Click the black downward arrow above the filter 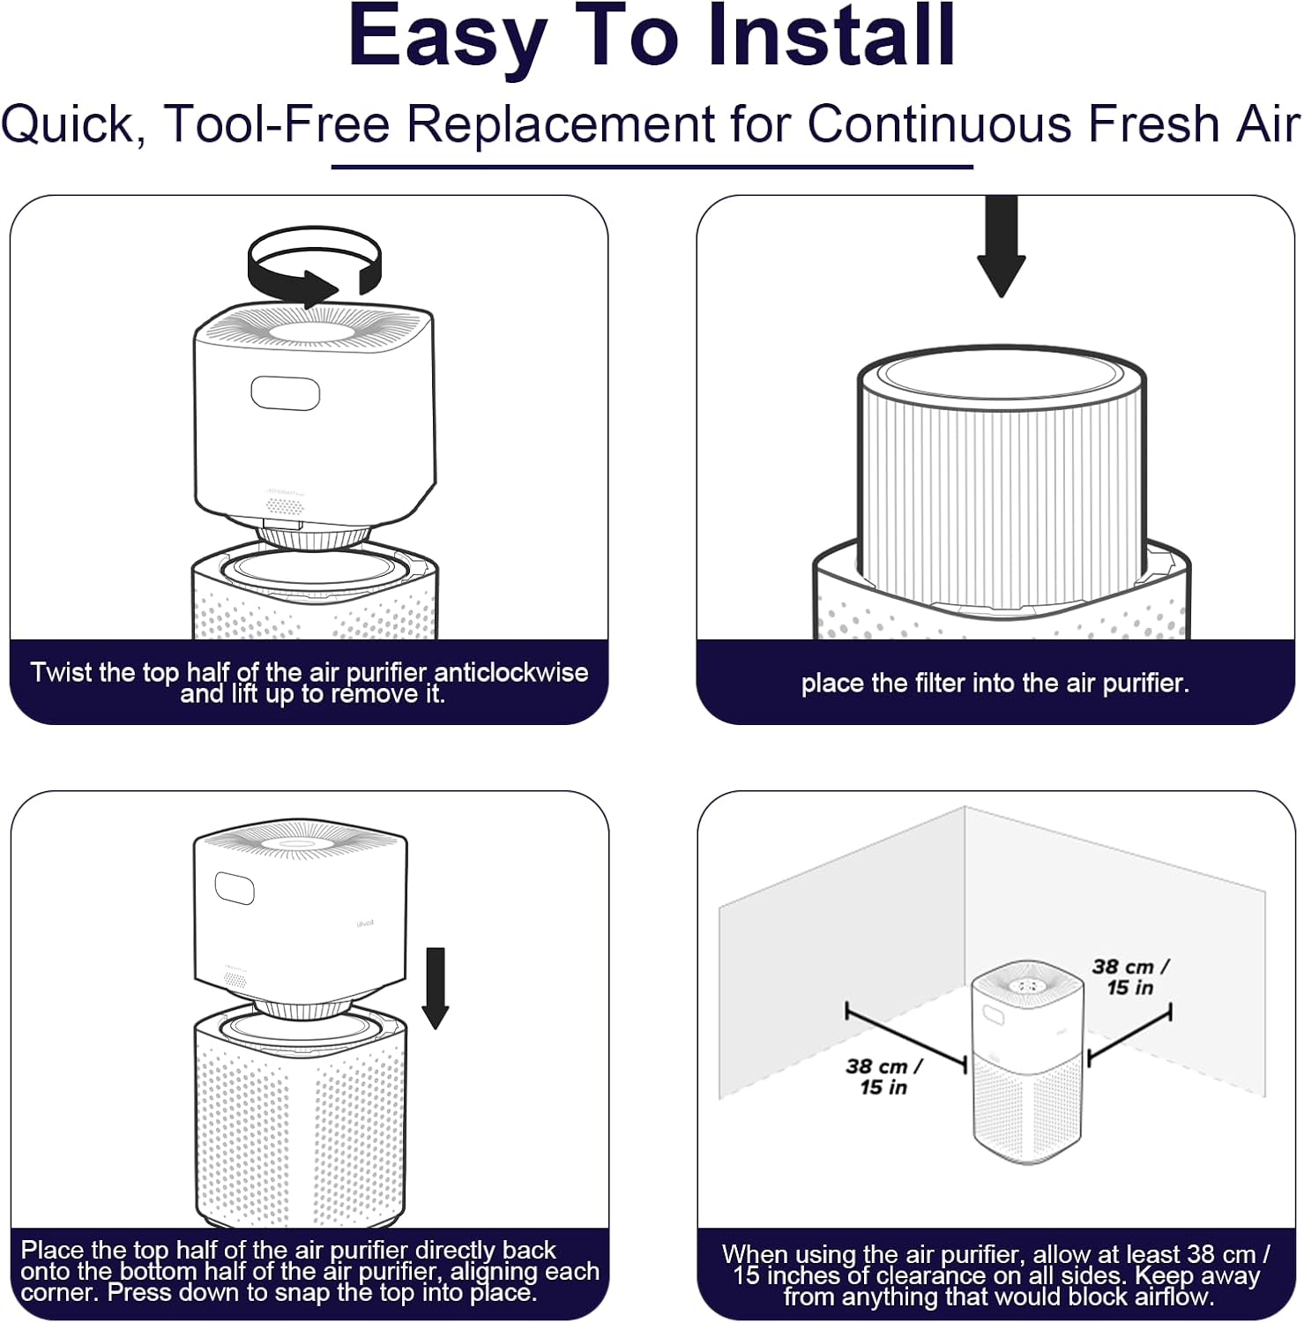coord(1001,246)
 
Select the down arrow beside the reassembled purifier coord(436,988)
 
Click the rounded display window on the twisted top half coord(285,393)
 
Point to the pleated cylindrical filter coord(1002,476)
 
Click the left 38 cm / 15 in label coord(884,1076)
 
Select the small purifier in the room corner coord(1027,1062)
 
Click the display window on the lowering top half coord(235,888)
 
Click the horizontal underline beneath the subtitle coord(652,166)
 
